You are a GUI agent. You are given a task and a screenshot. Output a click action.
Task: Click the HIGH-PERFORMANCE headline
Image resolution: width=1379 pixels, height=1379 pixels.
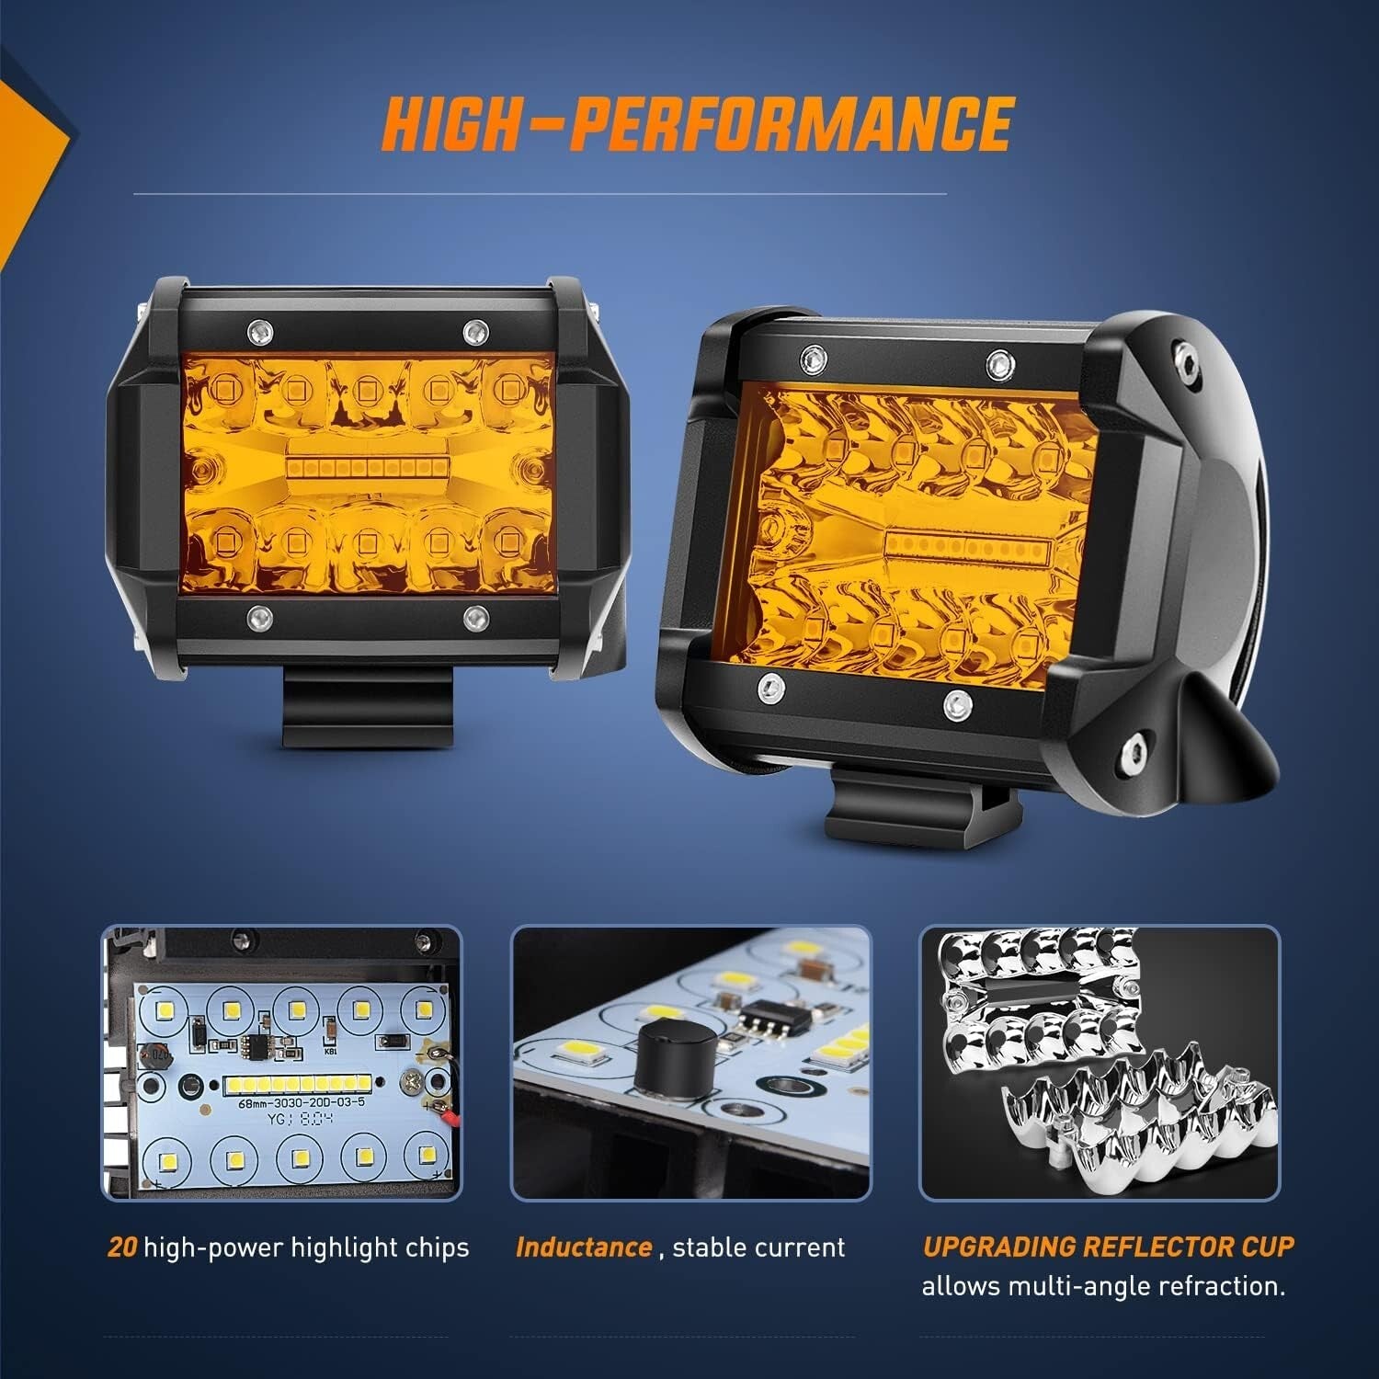pyautogui.click(x=697, y=123)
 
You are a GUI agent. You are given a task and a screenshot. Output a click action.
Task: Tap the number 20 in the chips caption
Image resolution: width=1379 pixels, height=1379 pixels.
pyautogui.click(x=122, y=1248)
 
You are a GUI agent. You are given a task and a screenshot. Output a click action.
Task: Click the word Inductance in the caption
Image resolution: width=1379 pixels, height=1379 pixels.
pyautogui.click(x=584, y=1248)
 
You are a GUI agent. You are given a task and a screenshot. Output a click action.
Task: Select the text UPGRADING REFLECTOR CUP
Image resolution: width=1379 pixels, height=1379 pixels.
pyautogui.click(x=1108, y=1247)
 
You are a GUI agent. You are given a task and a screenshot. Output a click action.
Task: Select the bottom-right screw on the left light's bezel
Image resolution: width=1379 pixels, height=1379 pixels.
pyautogui.click(x=474, y=615)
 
